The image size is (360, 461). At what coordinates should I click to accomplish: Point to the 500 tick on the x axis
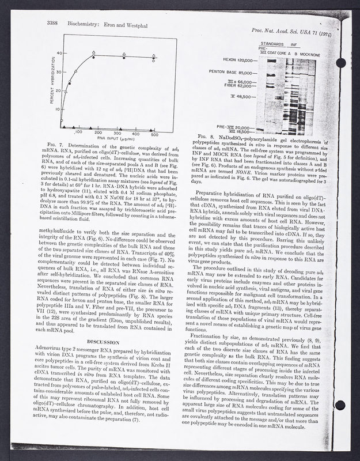coord(154,133)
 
